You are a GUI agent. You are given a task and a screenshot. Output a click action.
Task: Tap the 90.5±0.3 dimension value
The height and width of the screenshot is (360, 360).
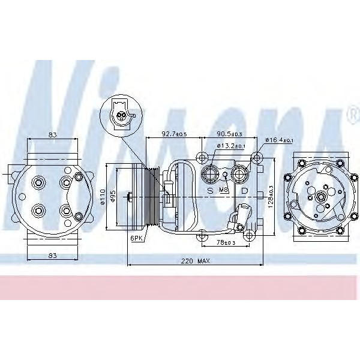231,134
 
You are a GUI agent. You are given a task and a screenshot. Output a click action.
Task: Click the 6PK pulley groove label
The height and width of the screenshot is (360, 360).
137,238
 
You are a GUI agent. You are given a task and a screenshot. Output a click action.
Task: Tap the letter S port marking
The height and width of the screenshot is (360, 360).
210,190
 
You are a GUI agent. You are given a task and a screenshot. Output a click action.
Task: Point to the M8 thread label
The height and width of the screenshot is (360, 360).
224,190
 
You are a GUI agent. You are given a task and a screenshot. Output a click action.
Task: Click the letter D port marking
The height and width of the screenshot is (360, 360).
244,190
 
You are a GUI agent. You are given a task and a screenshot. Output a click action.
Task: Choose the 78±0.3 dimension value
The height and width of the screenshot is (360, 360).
226,242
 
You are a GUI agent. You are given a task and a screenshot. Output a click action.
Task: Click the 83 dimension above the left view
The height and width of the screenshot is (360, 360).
53,135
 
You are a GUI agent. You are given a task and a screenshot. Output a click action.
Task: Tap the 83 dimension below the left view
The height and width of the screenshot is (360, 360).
53,256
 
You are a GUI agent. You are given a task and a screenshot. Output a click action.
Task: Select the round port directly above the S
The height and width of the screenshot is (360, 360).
211,174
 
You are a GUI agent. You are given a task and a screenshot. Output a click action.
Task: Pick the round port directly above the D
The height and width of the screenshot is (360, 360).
242,175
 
